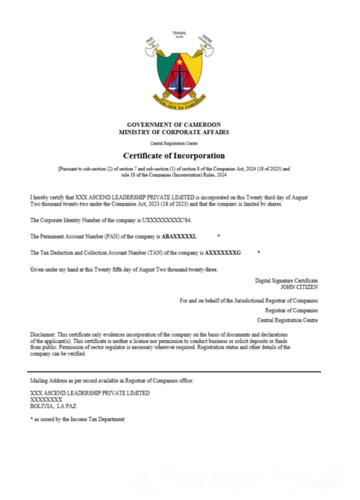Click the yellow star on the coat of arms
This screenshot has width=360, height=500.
click(179, 61)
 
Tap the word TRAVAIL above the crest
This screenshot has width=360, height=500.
click(179, 32)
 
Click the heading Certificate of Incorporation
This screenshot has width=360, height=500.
click(173, 155)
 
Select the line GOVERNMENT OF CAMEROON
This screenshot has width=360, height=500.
click(173, 124)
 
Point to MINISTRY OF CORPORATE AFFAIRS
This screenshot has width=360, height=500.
click(173, 132)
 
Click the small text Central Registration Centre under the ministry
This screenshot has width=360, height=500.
click(173, 143)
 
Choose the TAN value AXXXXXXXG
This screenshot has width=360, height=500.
click(222, 253)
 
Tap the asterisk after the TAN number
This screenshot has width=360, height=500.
click(258, 253)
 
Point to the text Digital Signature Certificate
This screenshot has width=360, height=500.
click(286, 281)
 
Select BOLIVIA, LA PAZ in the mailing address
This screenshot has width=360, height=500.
click(53, 406)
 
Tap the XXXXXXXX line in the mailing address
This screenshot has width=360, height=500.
click(46, 399)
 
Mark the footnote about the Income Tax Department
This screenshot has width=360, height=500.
click(77, 419)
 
